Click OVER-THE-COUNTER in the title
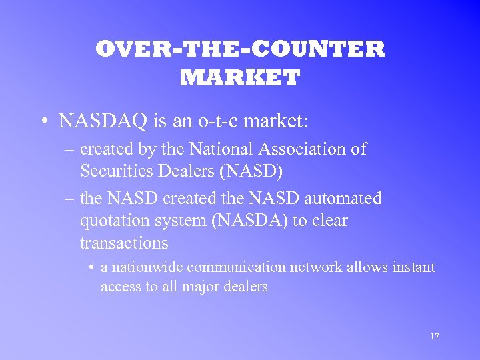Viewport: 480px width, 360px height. [x=240, y=49]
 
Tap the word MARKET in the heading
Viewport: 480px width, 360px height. [x=240, y=78]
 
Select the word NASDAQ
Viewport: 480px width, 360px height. [x=97, y=121]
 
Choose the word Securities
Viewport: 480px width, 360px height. [x=115, y=171]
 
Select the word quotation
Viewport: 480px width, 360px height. [x=116, y=221]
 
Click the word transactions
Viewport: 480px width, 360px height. [x=123, y=243]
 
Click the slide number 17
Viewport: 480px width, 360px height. [x=435, y=337]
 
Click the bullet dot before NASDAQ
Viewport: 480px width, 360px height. [x=43, y=121]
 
